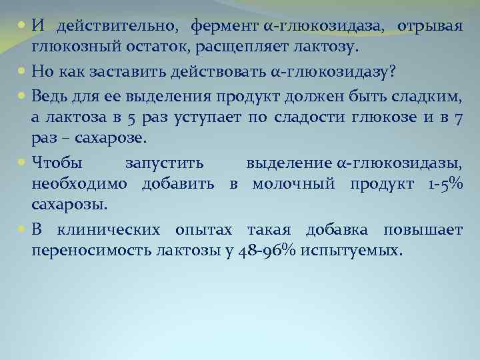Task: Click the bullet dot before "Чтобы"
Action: [x=23, y=163]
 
